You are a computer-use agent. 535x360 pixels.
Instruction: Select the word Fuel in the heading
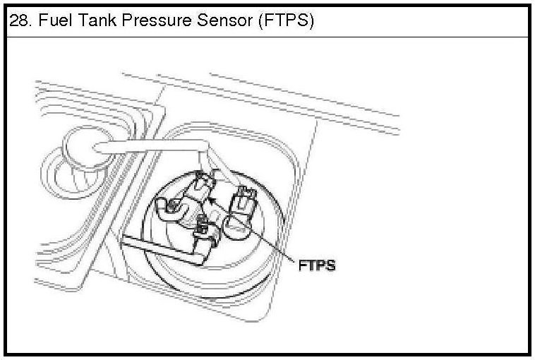click(53, 21)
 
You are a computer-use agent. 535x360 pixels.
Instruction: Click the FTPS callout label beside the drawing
click(315, 265)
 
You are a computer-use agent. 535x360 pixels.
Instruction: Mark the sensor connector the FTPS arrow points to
click(203, 187)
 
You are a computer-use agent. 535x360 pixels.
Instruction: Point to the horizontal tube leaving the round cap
click(148, 147)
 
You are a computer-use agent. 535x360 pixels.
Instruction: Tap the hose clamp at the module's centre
click(203, 227)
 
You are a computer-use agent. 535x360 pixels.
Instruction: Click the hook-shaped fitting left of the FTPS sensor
click(169, 209)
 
